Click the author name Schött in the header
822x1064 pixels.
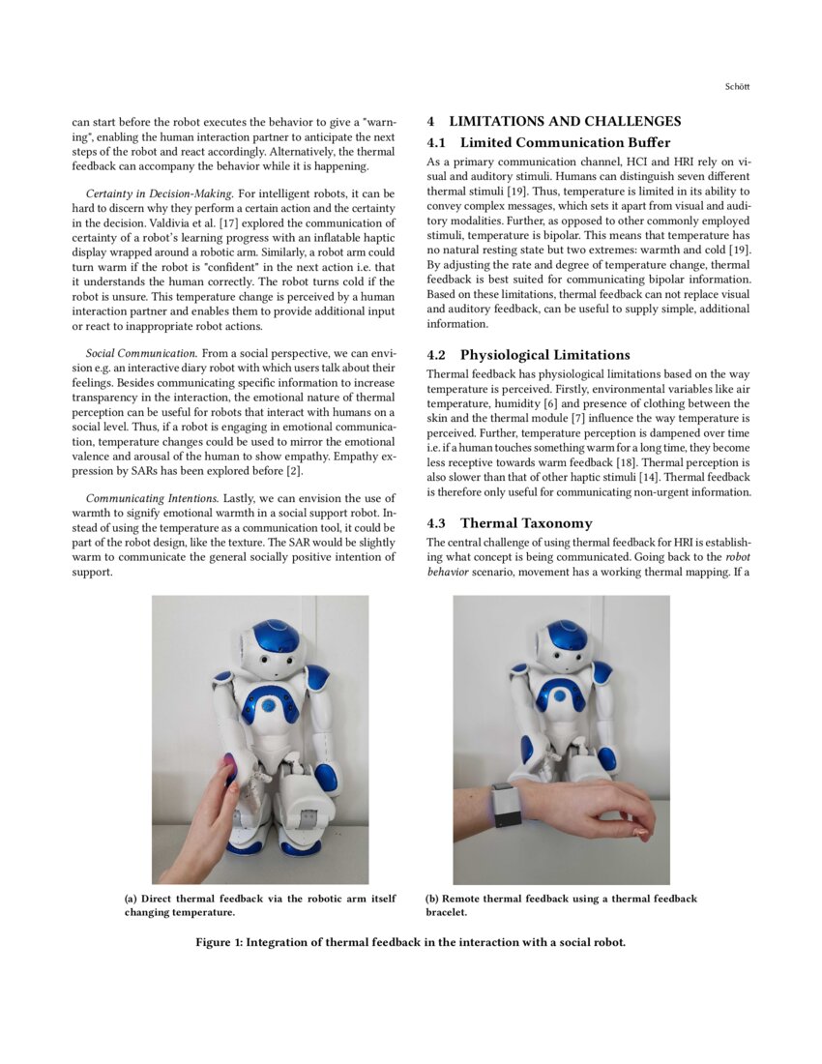pyautogui.click(x=737, y=87)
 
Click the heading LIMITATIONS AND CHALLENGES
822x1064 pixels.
pyautogui.click(x=565, y=121)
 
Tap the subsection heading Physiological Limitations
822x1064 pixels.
pyautogui.click(x=544, y=354)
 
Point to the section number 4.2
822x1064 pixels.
pyautogui.click(x=437, y=354)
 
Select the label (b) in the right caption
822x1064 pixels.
pyautogui.click(x=433, y=899)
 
